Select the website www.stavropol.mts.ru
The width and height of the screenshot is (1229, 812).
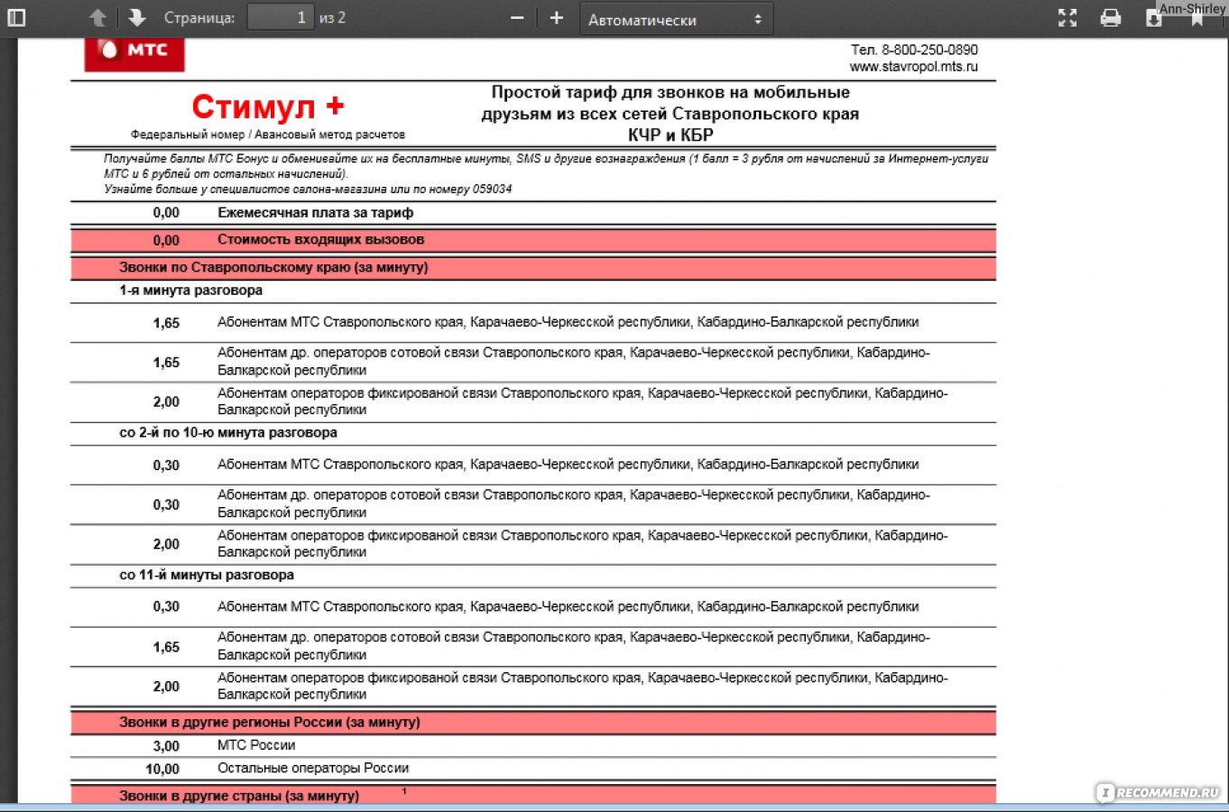[913, 67]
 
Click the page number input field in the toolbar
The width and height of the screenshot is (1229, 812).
[281, 17]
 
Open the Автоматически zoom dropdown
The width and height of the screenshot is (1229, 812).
[676, 19]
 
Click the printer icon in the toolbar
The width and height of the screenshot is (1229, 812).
[1111, 18]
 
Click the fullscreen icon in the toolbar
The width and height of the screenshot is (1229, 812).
[1067, 18]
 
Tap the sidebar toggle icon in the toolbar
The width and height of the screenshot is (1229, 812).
[16, 17]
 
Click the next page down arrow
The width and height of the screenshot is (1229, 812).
[136, 17]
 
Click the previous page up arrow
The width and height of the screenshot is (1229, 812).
[97, 17]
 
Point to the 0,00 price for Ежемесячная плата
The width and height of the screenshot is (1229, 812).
[166, 213]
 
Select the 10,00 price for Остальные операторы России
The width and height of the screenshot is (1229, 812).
[162, 769]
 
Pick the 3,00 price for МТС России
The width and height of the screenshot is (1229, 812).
[166, 746]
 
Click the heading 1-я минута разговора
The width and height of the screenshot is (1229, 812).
[190, 291]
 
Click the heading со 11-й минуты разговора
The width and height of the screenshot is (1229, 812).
[207, 575]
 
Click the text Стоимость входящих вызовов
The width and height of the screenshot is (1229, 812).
[320, 240]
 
